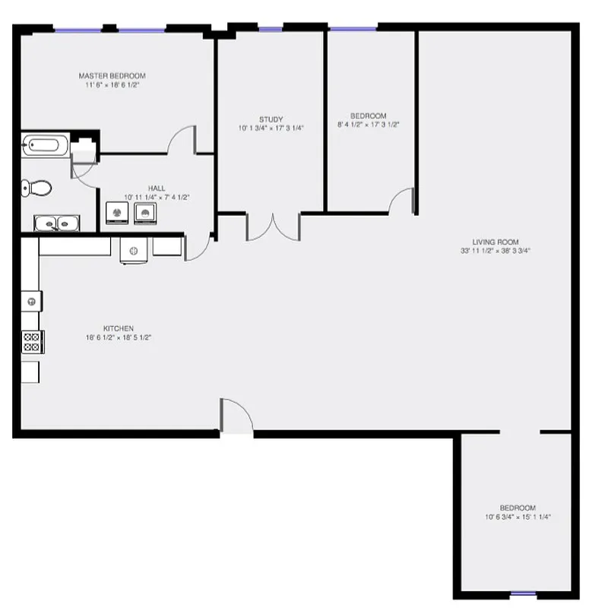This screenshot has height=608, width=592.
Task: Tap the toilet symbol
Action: [x=36, y=187]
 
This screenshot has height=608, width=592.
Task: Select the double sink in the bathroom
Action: [x=56, y=223]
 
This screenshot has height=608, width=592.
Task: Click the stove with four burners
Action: [x=31, y=341]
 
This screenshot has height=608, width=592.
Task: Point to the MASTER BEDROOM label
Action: [x=112, y=76]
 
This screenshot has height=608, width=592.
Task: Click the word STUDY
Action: [x=271, y=119]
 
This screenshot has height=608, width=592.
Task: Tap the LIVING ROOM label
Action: [x=495, y=242]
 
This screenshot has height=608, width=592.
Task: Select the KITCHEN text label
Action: [x=119, y=328]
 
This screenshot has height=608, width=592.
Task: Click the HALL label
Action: [x=157, y=188]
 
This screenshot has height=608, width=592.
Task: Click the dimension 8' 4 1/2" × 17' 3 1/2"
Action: [x=369, y=124]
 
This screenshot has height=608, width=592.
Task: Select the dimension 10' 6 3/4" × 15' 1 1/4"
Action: [x=518, y=517]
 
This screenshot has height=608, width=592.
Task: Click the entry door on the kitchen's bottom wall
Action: [x=236, y=416]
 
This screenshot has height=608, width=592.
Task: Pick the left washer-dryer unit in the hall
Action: [x=116, y=213]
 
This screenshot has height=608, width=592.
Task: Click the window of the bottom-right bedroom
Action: [x=522, y=594]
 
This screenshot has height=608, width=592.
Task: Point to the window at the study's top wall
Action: [x=271, y=30]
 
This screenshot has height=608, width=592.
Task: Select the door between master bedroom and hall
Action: [x=182, y=141]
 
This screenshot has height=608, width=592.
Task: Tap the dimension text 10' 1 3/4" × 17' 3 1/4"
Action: [x=271, y=128]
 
